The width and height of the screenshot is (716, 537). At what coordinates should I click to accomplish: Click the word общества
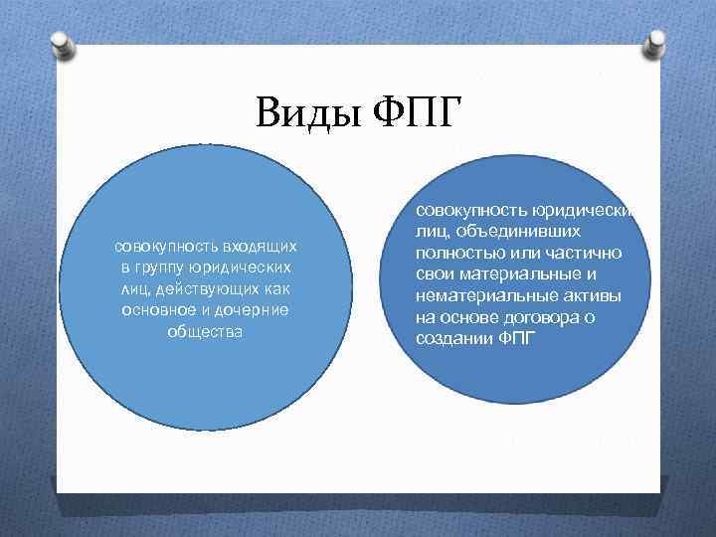point(205,331)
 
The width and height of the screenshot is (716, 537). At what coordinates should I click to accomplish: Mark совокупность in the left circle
point(159,246)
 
